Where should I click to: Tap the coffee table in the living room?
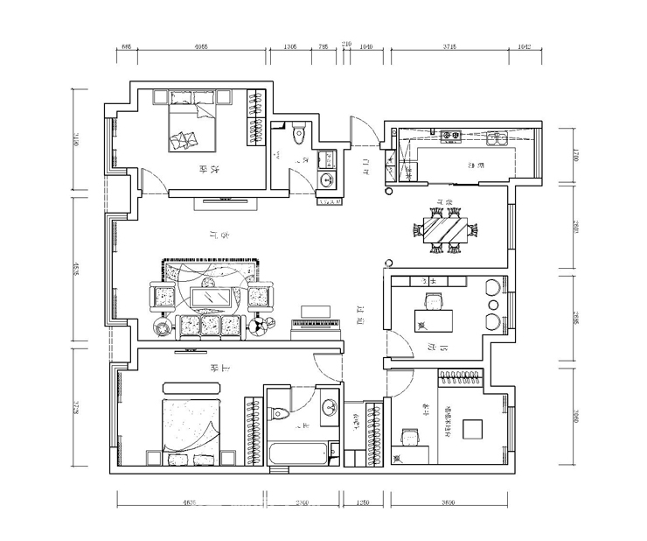pyautogui.click(x=210, y=299)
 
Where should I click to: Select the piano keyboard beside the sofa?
pyautogui.click(x=312, y=325)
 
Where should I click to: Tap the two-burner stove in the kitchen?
pyautogui.click(x=452, y=137)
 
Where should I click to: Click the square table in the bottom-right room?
pyautogui.click(x=472, y=429)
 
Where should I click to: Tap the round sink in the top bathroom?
pyautogui.click(x=329, y=180)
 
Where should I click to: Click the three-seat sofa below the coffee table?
pyautogui.click(x=210, y=326)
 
